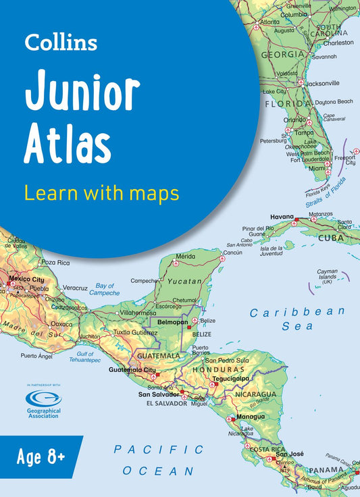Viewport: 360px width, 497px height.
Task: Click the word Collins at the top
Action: tap(61, 42)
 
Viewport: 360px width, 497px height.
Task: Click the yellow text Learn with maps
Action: tap(101, 193)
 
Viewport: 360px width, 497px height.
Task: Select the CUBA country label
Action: tap(332, 238)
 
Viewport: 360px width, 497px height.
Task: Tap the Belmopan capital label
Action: tap(172, 323)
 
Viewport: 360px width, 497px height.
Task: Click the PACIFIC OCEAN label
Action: tap(159, 460)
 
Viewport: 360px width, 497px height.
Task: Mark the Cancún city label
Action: tap(232, 253)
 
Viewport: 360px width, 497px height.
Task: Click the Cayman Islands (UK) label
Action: tap(327, 276)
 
